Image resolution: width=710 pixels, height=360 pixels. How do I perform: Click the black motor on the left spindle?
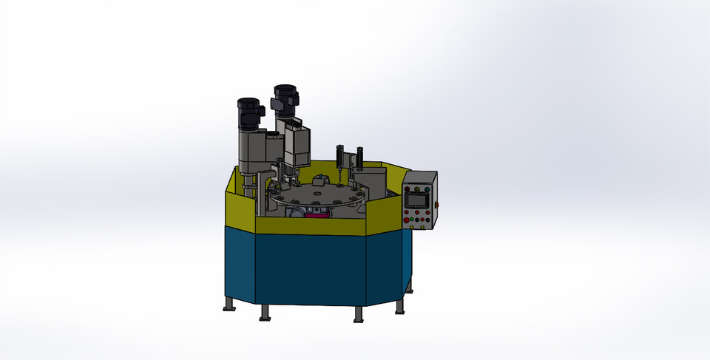click(250, 113)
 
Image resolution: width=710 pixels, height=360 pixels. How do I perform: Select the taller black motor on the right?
click(285, 100)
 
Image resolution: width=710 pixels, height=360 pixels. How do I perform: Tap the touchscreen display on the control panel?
click(418, 200)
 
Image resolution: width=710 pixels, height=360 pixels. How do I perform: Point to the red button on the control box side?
click(439, 205)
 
